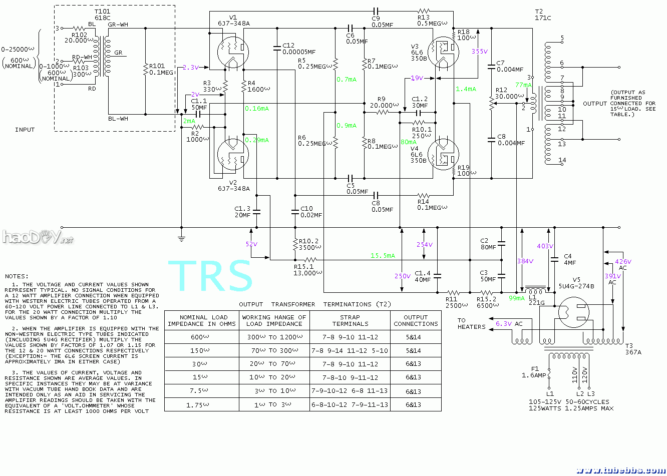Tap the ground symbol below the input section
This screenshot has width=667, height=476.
(181, 239)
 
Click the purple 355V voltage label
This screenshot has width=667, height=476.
(479, 51)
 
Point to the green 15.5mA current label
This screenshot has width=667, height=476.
(383, 256)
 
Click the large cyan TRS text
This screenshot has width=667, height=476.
(210, 276)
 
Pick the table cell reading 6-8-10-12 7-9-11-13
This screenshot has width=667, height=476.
(350, 404)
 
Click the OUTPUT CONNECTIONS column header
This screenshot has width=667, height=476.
(416, 320)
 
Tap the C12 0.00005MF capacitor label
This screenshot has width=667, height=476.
(298, 49)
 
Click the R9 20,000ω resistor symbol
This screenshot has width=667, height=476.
(382, 112)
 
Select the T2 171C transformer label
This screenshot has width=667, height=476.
(542, 15)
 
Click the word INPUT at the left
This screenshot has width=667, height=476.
(25, 130)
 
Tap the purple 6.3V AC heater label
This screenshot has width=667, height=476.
(509, 324)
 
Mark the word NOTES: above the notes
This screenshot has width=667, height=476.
(17, 276)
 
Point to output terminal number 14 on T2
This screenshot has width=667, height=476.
(562, 160)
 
